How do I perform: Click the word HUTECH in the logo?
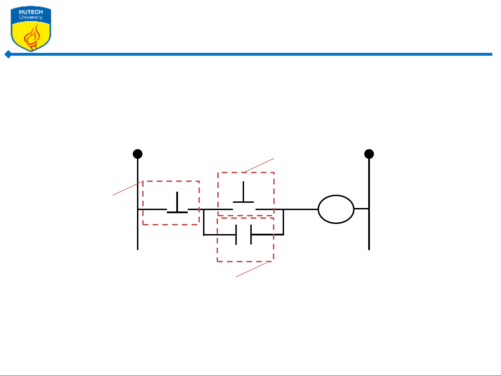point(31,12)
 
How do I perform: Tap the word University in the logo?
point(31,17)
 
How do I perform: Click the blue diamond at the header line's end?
point(8,54)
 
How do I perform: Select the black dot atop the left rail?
point(138,154)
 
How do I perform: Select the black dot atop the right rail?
point(369,154)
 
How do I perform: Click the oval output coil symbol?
point(336,209)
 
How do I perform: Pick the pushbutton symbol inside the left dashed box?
point(177,203)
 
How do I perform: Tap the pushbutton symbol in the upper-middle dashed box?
point(243,192)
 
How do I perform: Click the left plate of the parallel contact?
point(236,235)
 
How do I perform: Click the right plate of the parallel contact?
point(251,235)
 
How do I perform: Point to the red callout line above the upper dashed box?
point(259,165)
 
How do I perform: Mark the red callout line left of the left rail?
point(128,188)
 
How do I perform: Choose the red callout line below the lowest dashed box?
point(251,270)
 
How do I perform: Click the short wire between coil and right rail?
point(362,208)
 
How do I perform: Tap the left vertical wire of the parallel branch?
point(204,222)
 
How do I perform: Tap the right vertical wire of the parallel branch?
point(283,222)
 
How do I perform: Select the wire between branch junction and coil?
point(301,209)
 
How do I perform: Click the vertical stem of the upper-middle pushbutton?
point(243,191)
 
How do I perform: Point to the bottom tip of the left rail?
point(138,250)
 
